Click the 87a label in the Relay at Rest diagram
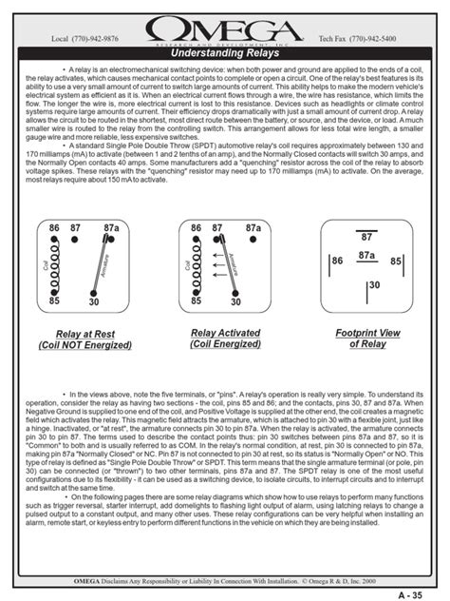tap(110, 229)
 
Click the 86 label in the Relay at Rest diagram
tap(53, 229)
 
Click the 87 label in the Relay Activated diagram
tap(217, 229)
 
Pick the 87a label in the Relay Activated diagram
tap(253, 229)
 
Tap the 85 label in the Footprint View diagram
tap(396, 261)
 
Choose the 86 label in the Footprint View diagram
tap(336, 261)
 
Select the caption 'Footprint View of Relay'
tap(367, 339)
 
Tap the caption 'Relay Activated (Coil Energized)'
tap(224, 339)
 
